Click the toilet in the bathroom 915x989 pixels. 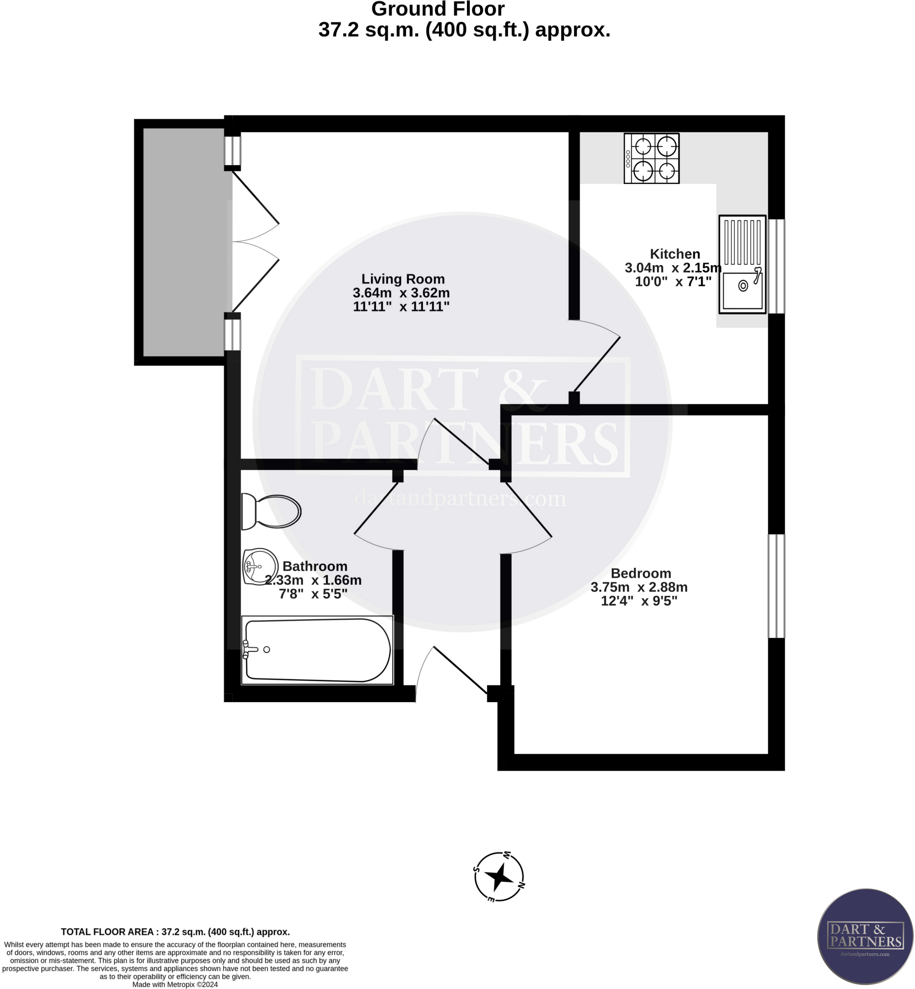(x=271, y=511)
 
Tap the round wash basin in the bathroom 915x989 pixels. (x=260, y=566)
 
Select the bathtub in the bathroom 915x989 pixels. (x=317, y=650)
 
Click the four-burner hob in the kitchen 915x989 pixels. (x=651, y=158)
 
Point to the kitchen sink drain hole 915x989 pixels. (x=743, y=286)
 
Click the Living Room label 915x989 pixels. (x=403, y=279)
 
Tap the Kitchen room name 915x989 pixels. (x=675, y=254)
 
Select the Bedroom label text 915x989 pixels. (x=641, y=574)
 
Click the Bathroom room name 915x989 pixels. (x=315, y=566)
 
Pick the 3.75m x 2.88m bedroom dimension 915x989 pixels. (x=639, y=587)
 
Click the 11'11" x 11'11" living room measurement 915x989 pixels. (x=401, y=307)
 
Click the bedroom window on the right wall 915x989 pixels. (x=776, y=586)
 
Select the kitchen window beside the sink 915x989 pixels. (x=776, y=267)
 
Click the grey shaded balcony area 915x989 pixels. (x=184, y=242)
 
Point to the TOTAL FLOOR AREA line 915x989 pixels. (x=175, y=932)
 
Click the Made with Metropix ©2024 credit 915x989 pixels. (x=175, y=985)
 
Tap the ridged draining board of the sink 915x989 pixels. (x=742, y=242)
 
